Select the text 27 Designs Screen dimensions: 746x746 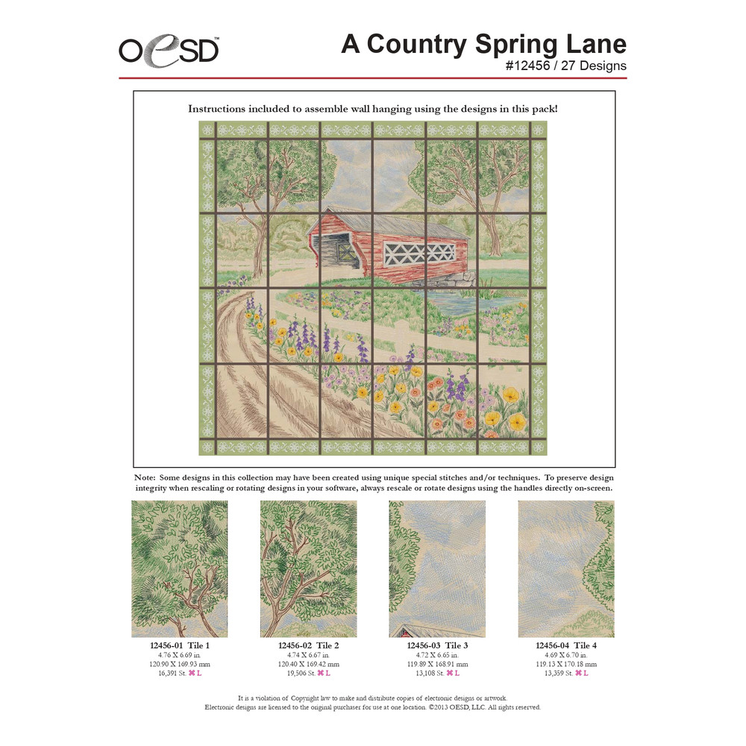[x=595, y=66]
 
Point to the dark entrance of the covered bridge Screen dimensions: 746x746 [x=332, y=254]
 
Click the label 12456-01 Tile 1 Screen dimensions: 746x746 [x=180, y=645]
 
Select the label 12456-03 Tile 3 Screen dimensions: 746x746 [x=437, y=645]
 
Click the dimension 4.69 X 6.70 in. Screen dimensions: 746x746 [x=566, y=654]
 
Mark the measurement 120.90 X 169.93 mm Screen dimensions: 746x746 [x=180, y=663]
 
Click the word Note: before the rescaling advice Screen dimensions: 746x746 [x=145, y=477]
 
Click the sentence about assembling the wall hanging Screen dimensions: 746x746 [x=373, y=109]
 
